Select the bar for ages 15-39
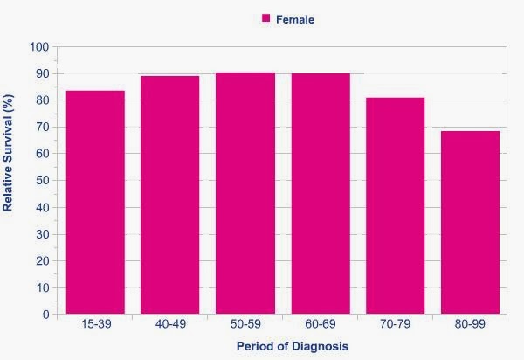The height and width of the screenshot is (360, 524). click(x=95, y=203)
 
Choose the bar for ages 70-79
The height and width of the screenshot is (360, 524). click(x=395, y=206)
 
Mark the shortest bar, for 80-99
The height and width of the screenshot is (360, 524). click(x=470, y=223)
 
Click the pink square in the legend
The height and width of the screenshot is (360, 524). click(x=266, y=18)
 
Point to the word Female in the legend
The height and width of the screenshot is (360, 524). click(x=297, y=19)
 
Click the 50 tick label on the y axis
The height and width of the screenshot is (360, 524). click(x=40, y=181)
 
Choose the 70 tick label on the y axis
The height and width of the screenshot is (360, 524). click(x=40, y=127)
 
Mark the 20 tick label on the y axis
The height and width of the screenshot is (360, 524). click(x=40, y=261)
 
